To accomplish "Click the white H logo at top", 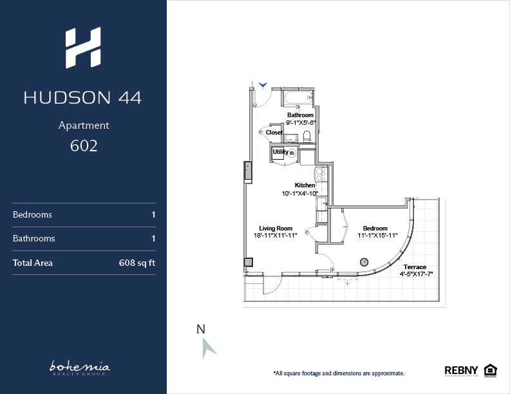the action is tap(83, 48).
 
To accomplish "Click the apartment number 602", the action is tap(84, 145).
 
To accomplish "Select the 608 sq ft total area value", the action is tap(137, 263).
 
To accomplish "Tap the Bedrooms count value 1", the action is tap(153, 214).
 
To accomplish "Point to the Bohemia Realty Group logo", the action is tap(80, 368).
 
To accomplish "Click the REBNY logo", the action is tap(461, 370).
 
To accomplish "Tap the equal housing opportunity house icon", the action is tap(490, 371).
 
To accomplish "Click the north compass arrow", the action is tap(208, 348).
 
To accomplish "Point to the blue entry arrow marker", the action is tap(263, 85).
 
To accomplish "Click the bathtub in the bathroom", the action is tap(298, 98).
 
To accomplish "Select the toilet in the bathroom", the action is tap(307, 136).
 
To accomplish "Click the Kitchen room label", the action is tap(305, 185).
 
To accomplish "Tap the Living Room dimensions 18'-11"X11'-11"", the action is tap(276, 236).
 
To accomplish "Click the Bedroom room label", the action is tap(375, 228).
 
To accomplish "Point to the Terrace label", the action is tap(415, 267).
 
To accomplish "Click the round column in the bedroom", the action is tap(364, 262).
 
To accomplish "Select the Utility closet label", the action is tap(280, 152).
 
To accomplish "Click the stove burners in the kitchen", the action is tap(321, 174).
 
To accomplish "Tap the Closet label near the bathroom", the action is tap(274, 133).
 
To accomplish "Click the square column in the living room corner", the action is tap(249, 262).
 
